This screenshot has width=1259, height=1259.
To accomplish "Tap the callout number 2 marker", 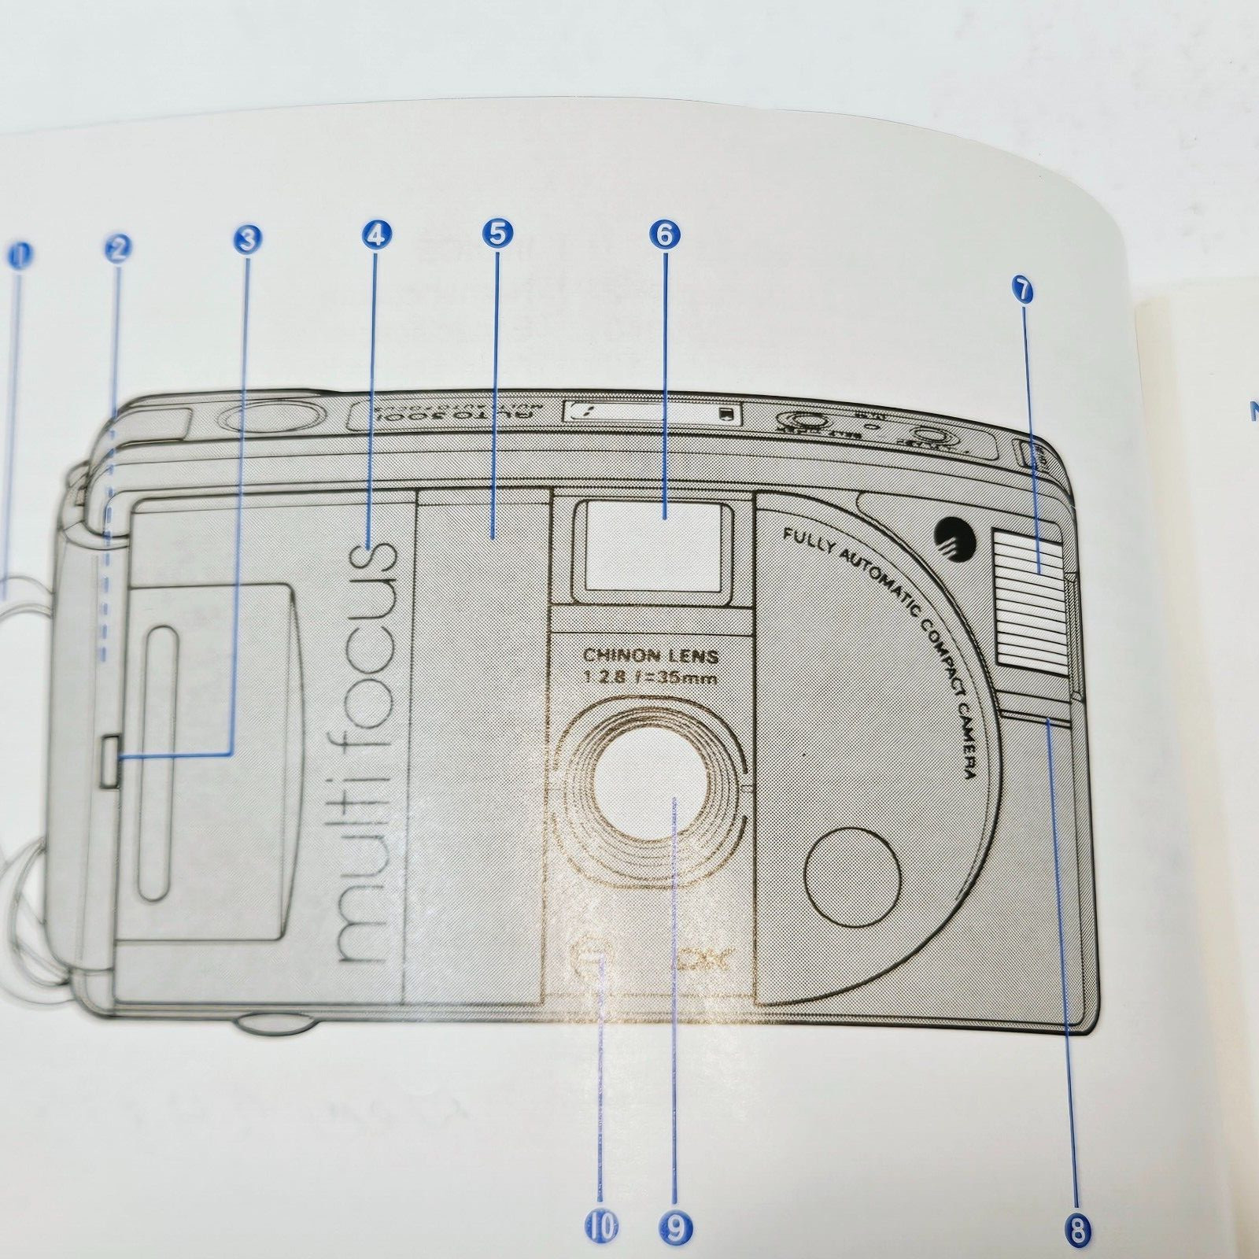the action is point(117,249).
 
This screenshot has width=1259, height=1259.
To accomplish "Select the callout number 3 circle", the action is point(248,238).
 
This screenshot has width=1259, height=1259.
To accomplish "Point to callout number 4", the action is point(376,234).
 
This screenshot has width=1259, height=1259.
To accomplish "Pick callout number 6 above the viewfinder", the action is point(665,234).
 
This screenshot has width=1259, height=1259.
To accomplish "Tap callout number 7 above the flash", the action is point(1022,290).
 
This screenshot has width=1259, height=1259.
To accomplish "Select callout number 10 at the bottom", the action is point(602,1225).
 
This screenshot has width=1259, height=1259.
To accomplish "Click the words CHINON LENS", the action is point(651,655).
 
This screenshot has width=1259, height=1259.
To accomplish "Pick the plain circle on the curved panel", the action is point(853,875).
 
